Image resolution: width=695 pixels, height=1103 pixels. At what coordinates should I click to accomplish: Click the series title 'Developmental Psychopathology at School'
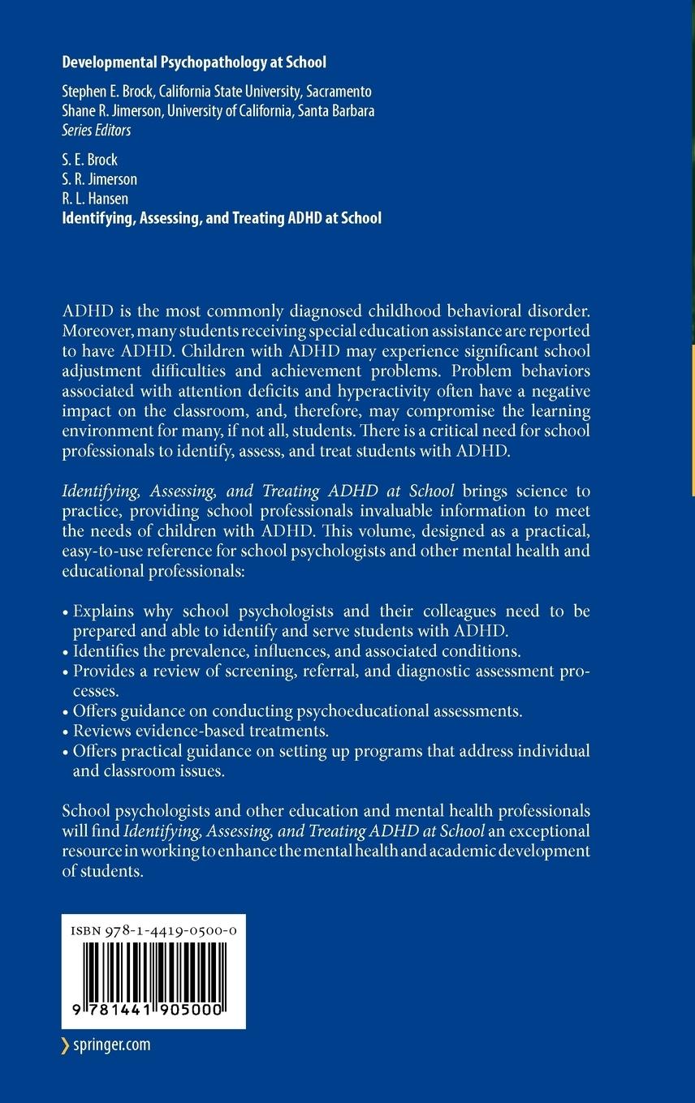pos(194,62)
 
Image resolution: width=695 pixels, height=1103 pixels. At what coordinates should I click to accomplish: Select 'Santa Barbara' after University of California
pos(335,111)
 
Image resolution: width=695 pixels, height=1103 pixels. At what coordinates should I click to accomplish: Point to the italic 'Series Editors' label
pos(97,130)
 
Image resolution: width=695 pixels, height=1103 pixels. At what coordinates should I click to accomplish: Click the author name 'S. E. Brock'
pos(90,160)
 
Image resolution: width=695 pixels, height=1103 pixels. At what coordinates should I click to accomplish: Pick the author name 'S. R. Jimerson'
pos(100,179)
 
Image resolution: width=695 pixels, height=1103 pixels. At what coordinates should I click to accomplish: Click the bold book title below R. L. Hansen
pos(222,218)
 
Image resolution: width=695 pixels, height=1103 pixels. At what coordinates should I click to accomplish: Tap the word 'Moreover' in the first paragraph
pos(94,331)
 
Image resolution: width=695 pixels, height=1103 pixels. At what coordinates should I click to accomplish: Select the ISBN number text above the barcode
pos(153,932)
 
